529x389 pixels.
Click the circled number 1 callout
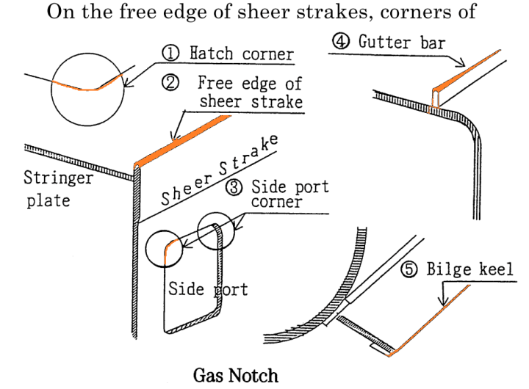point(170,53)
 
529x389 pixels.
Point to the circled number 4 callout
point(341,41)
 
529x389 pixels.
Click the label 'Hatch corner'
point(242,54)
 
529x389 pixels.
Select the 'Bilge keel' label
point(470,269)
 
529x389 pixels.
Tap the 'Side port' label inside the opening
point(208,288)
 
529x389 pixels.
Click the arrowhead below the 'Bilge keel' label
point(442,302)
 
